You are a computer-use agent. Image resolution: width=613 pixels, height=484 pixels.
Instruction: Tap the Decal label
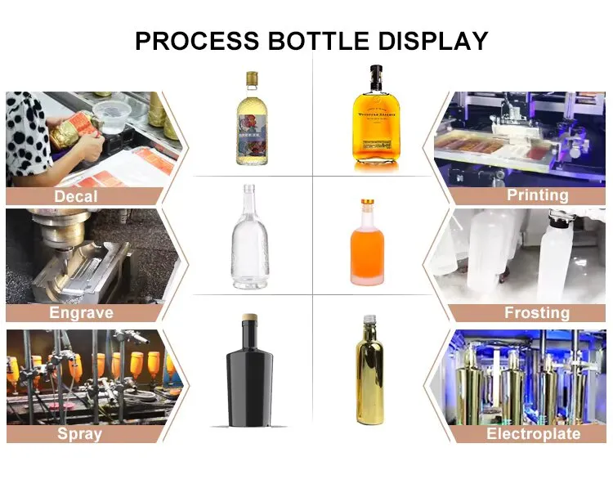coord(76,196)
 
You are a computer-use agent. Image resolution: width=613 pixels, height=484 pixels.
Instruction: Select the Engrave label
coord(81,313)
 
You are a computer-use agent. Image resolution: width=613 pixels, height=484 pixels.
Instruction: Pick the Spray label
coord(79,433)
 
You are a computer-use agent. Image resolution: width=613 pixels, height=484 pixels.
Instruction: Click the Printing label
coord(537,195)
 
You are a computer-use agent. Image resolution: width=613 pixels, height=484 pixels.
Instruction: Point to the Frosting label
coord(537,313)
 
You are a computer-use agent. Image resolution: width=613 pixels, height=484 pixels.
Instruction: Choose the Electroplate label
coord(533,433)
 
